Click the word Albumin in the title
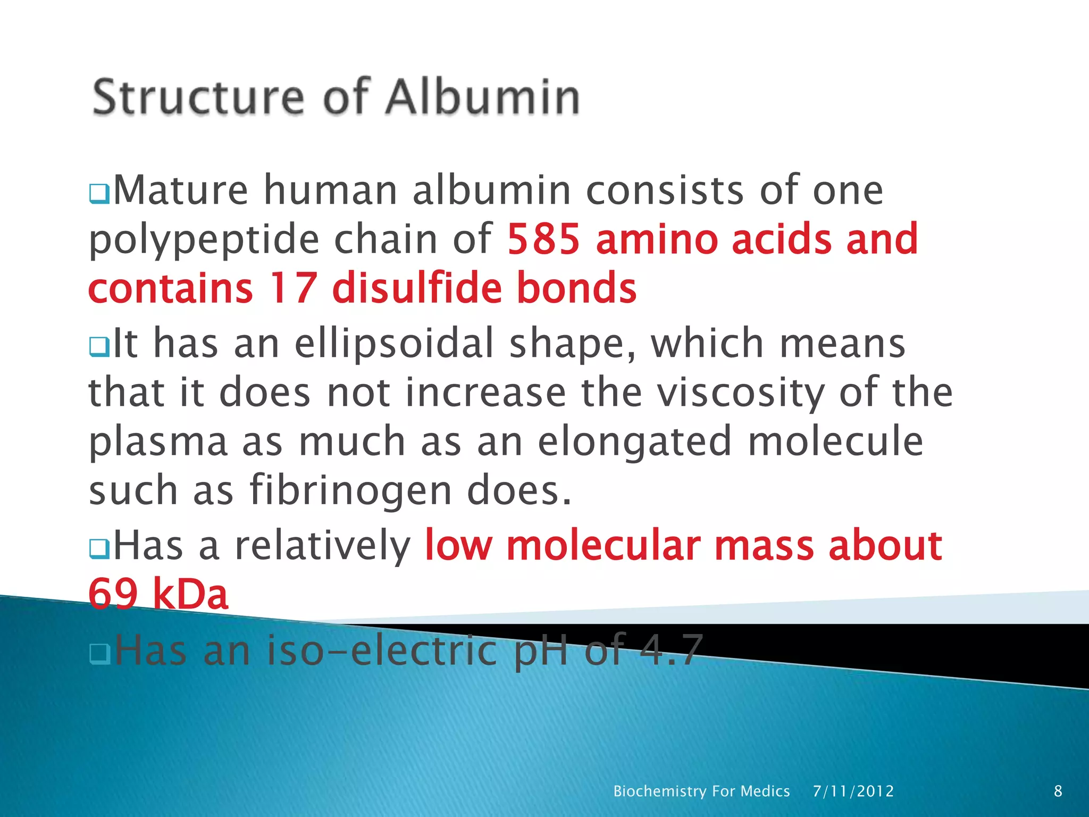pos(483,97)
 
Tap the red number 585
pos(543,239)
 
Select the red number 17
pos(293,288)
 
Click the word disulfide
pos(416,287)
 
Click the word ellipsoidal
pos(395,344)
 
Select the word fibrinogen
pos(350,490)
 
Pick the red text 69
pos(113,594)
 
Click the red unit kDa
pos(190,594)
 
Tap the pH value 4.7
pos(671,650)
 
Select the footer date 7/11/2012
pos(853,791)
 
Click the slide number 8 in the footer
pos(1058,791)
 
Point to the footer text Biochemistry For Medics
pos(701,791)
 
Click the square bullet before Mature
pos(99,194)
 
